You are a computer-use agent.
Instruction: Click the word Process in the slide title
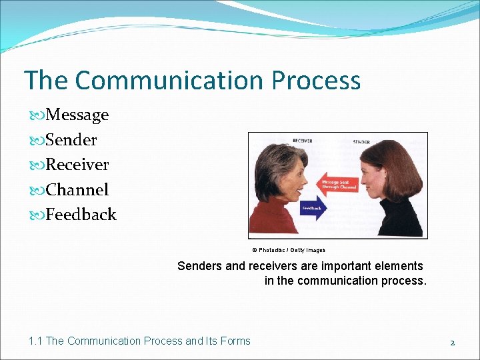tap(315, 81)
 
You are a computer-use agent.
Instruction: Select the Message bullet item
tap(77, 115)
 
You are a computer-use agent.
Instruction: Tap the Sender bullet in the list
tap(71, 140)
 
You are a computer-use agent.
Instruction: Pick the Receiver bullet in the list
tap(77, 165)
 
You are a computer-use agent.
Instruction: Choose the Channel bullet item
tap(77, 190)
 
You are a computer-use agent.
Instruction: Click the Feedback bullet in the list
tap(81, 215)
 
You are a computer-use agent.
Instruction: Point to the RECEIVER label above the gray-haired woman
tap(302, 141)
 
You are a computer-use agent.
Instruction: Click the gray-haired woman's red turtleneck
tap(273, 220)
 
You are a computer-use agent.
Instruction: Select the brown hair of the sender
tap(400, 167)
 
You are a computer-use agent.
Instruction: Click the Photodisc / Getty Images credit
tap(289, 250)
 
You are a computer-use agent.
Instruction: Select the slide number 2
tap(452, 342)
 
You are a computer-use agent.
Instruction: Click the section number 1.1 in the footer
tap(35, 341)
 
